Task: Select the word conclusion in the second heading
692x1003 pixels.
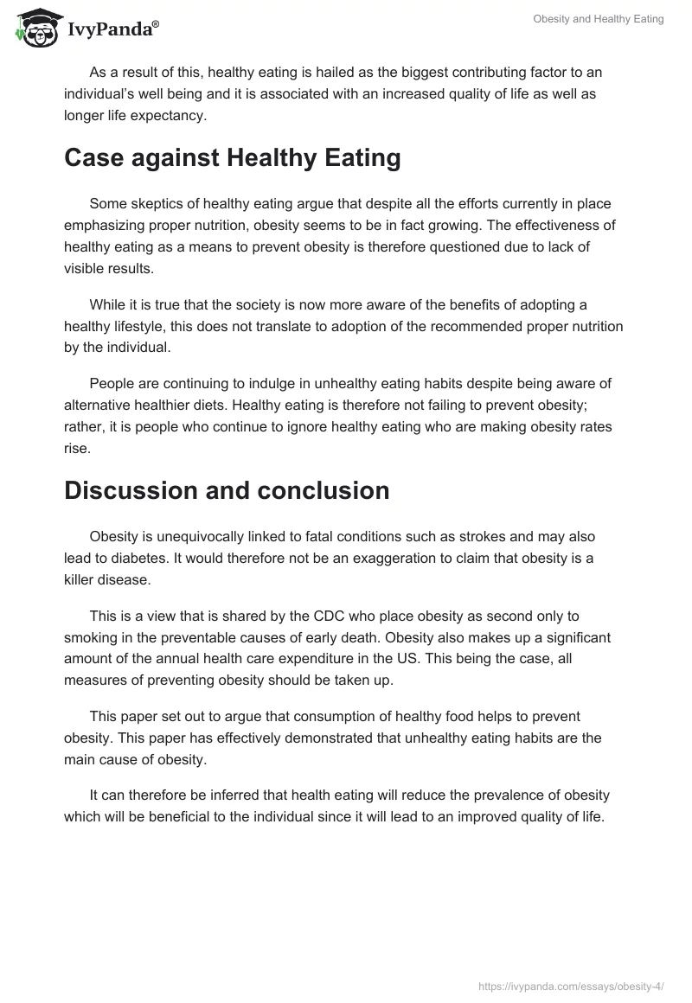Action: (322, 490)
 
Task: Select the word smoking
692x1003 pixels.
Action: (93, 637)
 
